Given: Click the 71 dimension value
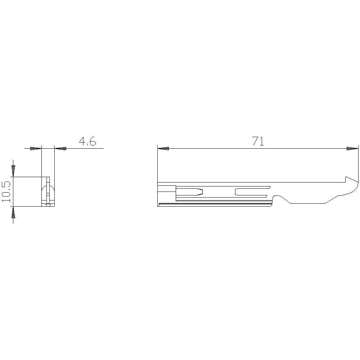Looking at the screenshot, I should click(x=258, y=141).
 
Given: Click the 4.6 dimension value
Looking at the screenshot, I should click(x=87, y=141).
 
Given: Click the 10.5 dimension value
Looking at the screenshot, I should click(x=6, y=191).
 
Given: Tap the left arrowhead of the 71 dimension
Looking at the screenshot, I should click(x=164, y=148).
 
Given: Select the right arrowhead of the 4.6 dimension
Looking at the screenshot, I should click(x=61, y=148).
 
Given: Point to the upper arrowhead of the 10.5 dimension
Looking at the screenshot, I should click(x=13, y=168).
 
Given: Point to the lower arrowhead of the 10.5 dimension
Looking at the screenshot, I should click(x=13, y=214).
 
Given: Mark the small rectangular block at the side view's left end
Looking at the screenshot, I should click(x=167, y=190).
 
